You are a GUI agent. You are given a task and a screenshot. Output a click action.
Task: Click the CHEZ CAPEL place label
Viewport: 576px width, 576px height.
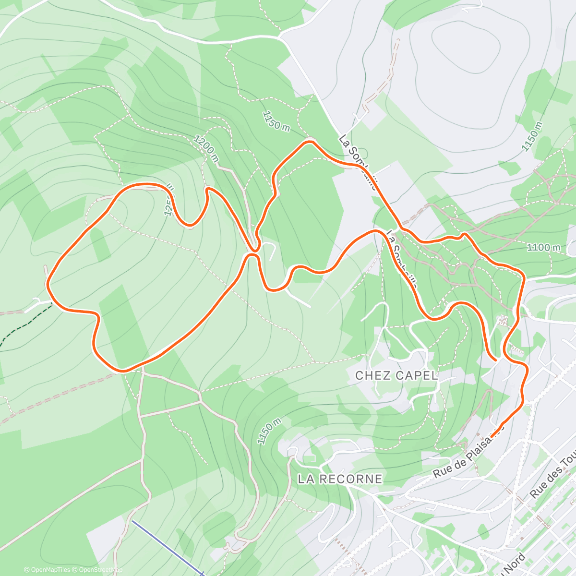396,375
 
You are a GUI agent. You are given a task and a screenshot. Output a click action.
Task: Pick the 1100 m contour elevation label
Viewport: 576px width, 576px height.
543,248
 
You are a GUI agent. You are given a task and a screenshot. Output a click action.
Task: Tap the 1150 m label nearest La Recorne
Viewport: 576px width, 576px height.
268,432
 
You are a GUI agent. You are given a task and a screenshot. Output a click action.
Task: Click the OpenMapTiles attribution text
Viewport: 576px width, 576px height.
47,570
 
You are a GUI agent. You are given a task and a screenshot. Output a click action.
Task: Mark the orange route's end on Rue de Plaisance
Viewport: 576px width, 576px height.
492,436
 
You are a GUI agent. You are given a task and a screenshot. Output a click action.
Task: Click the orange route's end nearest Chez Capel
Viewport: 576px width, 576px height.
495,358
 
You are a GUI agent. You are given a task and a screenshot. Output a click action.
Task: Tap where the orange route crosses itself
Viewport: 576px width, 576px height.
253,250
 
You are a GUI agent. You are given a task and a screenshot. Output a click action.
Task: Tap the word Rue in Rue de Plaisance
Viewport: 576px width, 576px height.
442,470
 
